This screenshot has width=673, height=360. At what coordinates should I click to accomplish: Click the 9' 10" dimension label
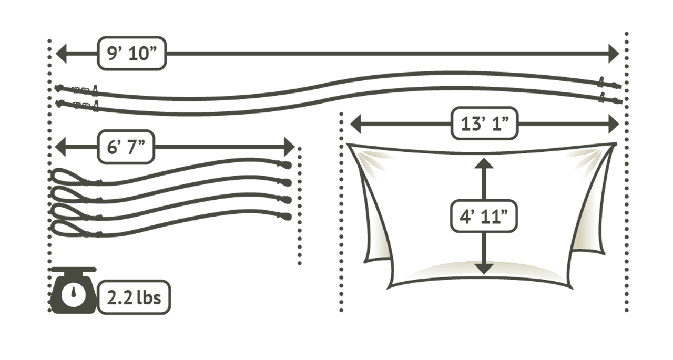tap(132, 54)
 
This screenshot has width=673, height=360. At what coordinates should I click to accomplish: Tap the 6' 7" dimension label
tap(126, 148)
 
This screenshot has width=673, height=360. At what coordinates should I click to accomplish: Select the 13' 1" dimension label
tap(484, 125)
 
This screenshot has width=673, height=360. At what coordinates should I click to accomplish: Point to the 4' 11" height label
tap(484, 216)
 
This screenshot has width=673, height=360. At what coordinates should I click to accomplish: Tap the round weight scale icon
tap(74, 295)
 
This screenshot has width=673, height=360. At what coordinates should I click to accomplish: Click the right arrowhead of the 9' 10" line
tap(614, 54)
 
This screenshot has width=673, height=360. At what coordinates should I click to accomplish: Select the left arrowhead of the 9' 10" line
tap(59, 54)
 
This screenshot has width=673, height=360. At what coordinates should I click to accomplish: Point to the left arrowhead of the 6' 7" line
tap(59, 147)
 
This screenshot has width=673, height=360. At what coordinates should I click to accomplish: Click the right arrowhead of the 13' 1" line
tap(613, 125)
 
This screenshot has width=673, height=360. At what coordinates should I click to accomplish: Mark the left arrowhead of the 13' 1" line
tap(356, 125)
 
